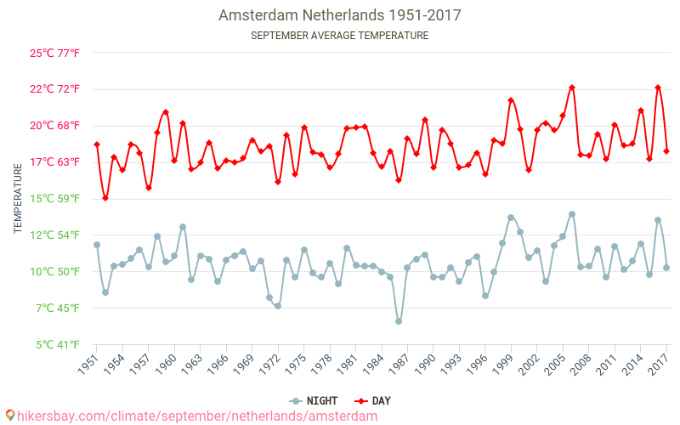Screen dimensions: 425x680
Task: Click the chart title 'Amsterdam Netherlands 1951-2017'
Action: click(339, 15)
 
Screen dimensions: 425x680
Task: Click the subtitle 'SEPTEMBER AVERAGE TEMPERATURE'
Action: click(339, 36)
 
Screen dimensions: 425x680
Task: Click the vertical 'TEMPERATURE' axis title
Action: click(18, 199)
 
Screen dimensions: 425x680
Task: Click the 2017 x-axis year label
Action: click(658, 365)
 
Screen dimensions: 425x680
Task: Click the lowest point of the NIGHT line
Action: click(399, 321)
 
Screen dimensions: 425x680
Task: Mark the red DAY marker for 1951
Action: click(97, 144)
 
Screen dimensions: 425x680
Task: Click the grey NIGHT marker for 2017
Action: click(666, 268)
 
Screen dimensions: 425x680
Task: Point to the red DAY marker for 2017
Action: click(666, 151)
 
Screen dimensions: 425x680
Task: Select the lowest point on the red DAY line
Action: click(105, 198)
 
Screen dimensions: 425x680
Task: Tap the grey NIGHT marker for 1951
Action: click(97, 245)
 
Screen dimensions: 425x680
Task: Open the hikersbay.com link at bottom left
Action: click(191, 416)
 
